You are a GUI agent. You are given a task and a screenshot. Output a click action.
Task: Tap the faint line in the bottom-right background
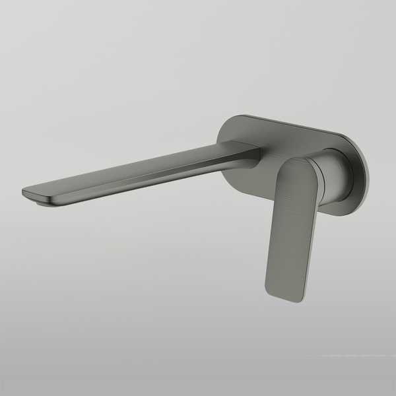356,355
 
